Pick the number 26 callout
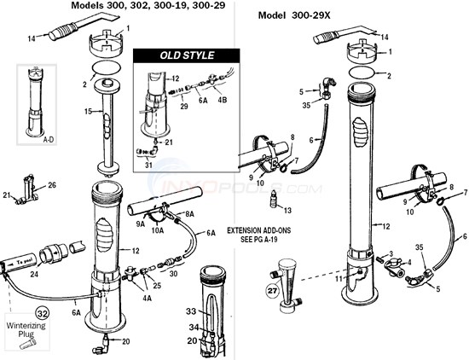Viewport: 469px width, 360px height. [51, 185]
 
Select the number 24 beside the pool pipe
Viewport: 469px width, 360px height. [36, 275]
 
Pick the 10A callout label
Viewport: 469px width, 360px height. [158, 231]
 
